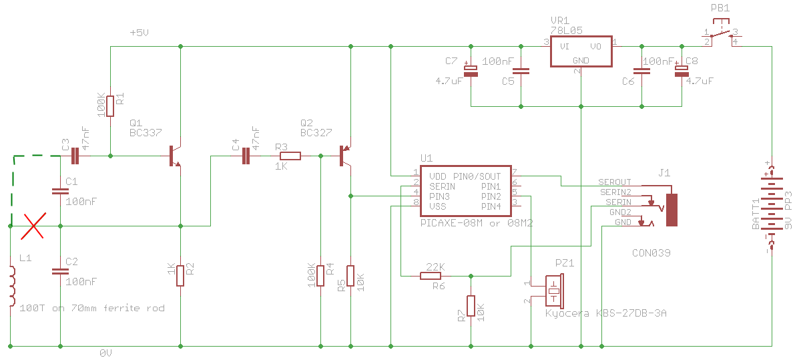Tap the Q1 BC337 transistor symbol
175,156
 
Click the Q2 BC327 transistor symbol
345,156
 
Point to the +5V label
140,33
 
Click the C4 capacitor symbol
246,156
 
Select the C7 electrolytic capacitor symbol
471,71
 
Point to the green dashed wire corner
14,158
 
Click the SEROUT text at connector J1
615,182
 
